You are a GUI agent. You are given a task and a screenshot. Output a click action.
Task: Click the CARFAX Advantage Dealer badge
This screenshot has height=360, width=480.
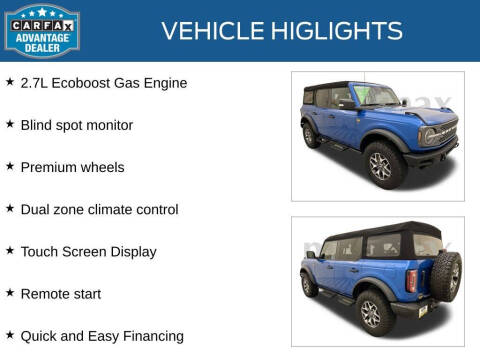[x=41, y=29]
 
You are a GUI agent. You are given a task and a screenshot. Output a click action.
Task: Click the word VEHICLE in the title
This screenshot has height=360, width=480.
[x=210, y=31]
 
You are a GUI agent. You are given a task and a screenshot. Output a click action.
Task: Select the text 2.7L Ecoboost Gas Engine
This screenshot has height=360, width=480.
[x=103, y=83]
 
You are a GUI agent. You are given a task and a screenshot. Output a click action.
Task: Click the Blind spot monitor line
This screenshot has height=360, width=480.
[x=76, y=125]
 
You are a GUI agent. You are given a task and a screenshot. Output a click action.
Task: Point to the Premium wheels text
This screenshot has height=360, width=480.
[x=72, y=167]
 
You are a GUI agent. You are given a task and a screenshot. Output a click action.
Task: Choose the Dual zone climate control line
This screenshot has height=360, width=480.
[x=99, y=209]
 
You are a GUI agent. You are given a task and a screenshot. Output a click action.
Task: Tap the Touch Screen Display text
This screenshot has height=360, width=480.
[x=88, y=251]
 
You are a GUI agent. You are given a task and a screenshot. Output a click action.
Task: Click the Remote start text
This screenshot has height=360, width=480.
[x=67, y=293]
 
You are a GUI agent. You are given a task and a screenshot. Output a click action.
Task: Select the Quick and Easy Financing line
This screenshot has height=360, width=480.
[x=102, y=336]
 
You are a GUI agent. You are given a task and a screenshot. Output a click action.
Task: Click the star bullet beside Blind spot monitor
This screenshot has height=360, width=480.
[x=10, y=124]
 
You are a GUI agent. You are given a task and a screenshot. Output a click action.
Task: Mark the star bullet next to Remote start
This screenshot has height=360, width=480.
[x=10, y=292]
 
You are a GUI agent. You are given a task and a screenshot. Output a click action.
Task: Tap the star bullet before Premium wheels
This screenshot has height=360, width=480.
[x=10, y=166]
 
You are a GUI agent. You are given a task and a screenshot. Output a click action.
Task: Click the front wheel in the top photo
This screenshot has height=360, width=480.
[x=382, y=165]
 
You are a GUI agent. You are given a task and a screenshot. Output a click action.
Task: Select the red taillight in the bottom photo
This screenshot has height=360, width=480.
[x=411, y=281]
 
